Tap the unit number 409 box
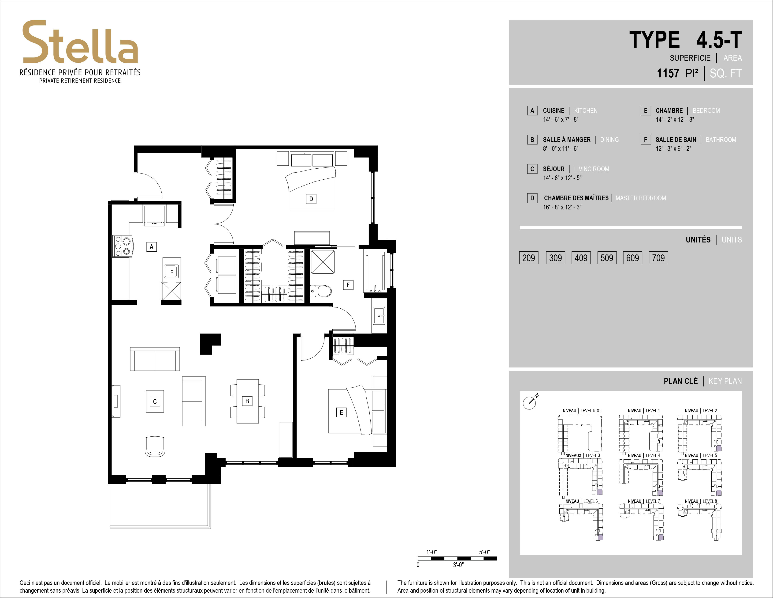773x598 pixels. point(581,258)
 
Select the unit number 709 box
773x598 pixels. point(658,258)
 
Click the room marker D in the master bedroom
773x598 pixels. point(311,199)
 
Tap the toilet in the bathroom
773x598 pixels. point(321,291)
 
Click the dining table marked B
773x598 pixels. point(247,401)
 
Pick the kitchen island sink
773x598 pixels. point(171,271)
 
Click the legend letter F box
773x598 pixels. point(645,140)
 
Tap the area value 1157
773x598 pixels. point(668,73)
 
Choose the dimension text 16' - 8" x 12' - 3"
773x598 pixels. point(562,207)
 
